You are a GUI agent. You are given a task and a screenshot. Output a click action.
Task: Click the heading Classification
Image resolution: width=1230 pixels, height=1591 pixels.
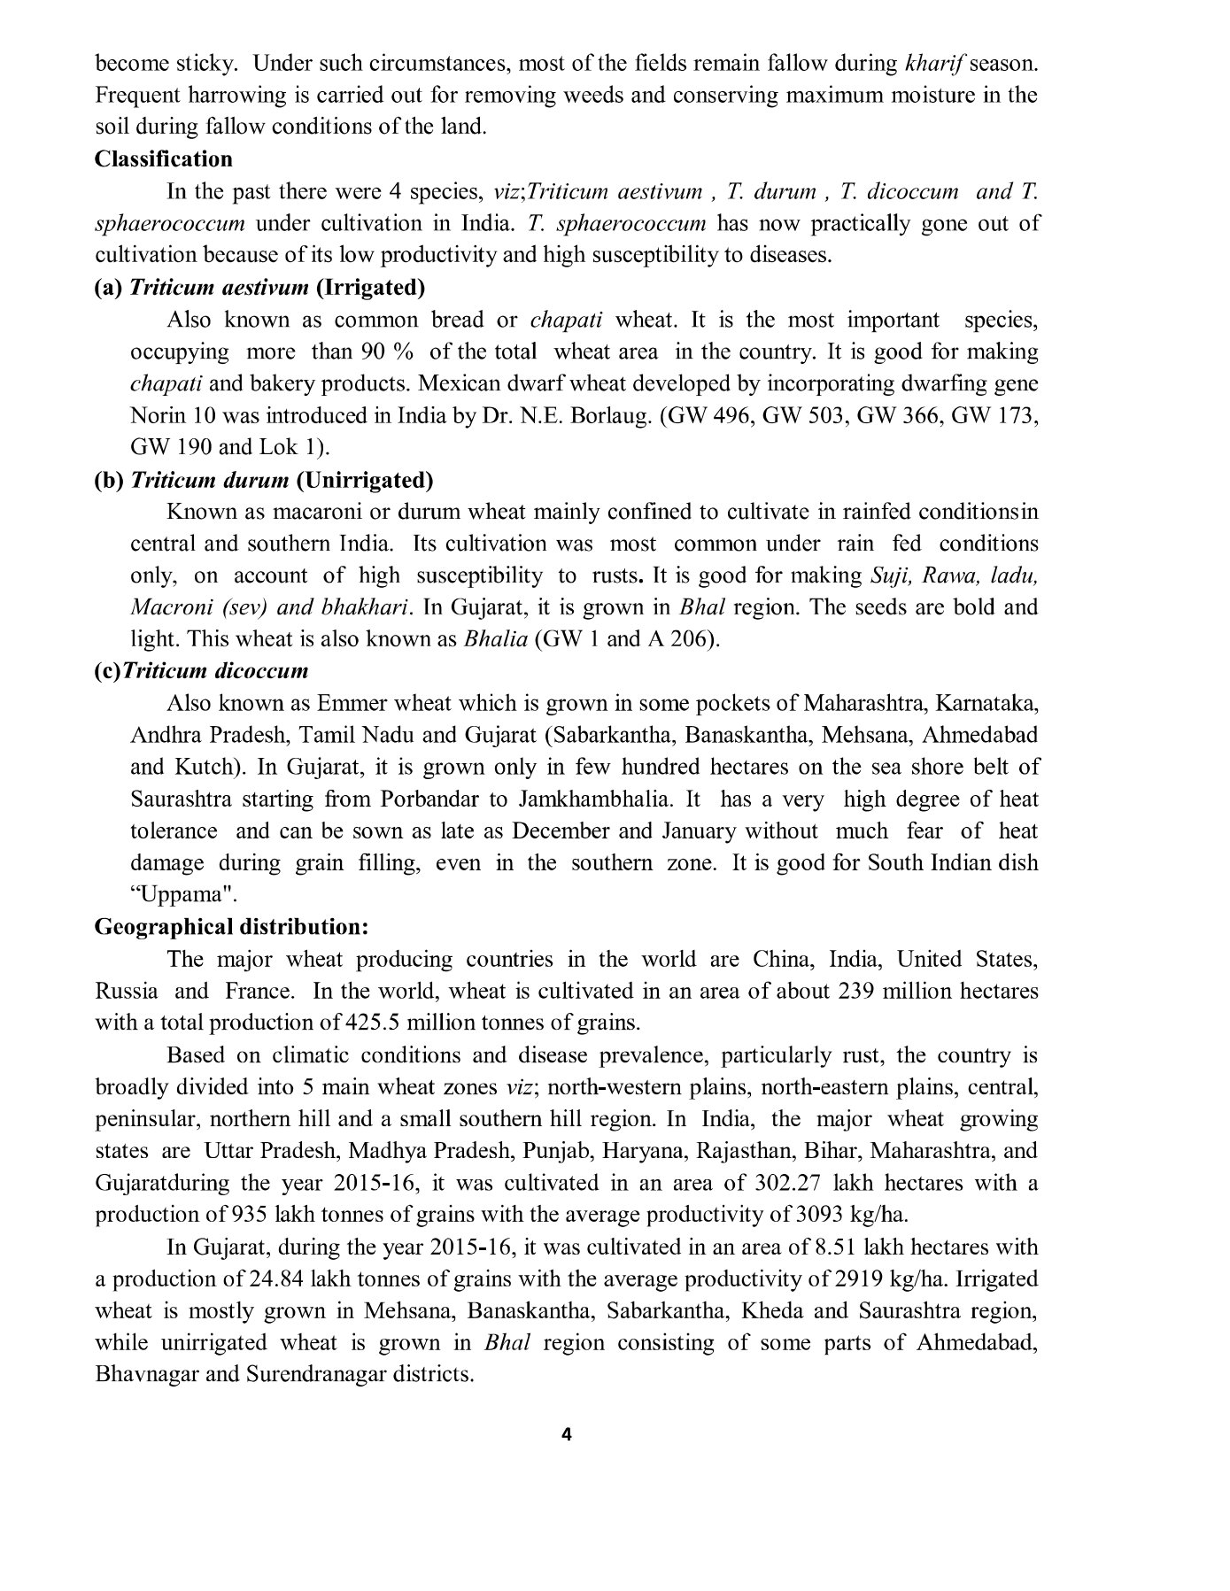(x=164, y=159)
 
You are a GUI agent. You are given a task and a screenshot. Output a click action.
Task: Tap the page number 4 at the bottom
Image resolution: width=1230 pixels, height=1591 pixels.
(x=567, y=1435)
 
